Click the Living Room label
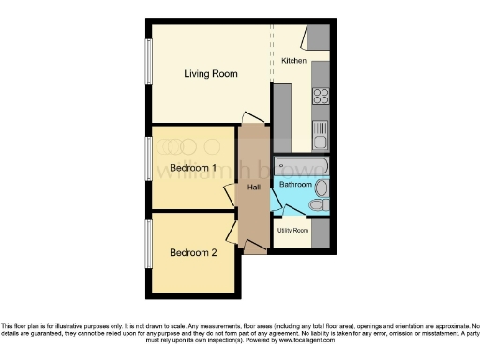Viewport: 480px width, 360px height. pos(210,73)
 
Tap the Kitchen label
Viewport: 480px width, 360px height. pos(294,60)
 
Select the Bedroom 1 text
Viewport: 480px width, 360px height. pos(193,169)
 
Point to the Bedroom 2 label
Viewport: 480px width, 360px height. pos(193,252)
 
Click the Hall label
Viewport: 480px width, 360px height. pos(253,187)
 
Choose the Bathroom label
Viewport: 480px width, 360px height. pos(294,185)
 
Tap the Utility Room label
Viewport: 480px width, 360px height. pos(292,230)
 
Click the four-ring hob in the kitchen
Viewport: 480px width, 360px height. pos(321,95)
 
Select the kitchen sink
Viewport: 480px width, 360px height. pos(321,137)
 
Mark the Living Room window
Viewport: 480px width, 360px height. pos(147,64)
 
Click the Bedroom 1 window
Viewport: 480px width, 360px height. pos(147,159)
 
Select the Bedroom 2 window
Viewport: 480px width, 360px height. pos(147,243)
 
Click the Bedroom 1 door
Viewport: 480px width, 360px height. pos(231,195)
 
